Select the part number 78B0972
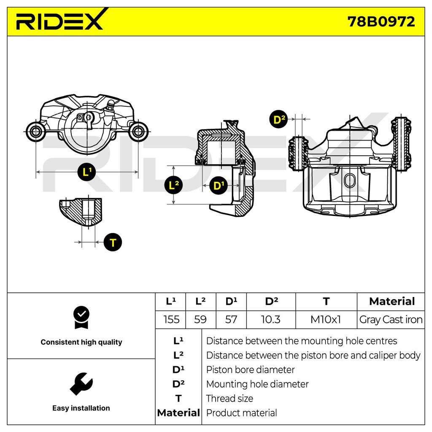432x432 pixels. [381, 22]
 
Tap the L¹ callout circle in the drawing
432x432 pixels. [86, 172]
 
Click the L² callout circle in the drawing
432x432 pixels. [173, 185]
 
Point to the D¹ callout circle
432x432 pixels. [219, 186]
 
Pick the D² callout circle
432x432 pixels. [278, 119]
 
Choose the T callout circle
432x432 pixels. [113, 243]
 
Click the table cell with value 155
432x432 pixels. [171, 320]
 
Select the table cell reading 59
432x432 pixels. [200, 320]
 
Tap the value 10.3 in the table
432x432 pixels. [270, 320]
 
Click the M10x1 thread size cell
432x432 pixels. [326, 320]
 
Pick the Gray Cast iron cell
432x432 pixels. [391, 320]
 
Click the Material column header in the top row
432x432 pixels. [392, 301]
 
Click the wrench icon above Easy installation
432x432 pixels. [81, 384]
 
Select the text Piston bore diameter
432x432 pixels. [250, 370]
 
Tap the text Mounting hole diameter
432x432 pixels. [257, 384]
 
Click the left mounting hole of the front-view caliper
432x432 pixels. [35, 132]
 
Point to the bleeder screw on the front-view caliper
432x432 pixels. [110, 106]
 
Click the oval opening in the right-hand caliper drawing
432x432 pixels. [349, 181]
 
